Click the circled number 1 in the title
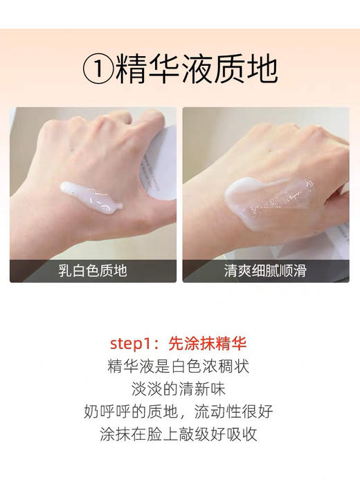coord(98,69)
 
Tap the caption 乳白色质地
coord(93,271)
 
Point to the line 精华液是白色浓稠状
coord(179,366)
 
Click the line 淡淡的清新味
coord(179,389)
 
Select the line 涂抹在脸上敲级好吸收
coord(179,435)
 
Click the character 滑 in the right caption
coord(301,271)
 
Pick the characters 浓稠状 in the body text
coord(228,366)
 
